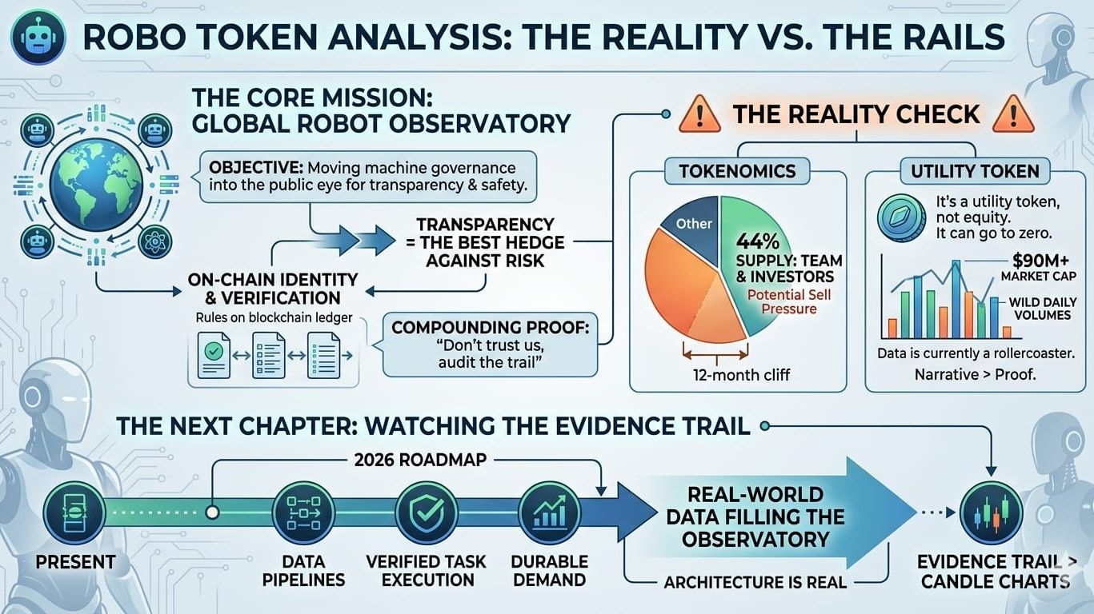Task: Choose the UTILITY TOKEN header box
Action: point(974,170)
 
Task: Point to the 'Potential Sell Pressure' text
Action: point(777,301)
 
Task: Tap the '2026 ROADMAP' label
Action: point(406,460)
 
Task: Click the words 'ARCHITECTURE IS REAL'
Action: point(755,581)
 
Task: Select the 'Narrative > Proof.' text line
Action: point(975,373)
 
